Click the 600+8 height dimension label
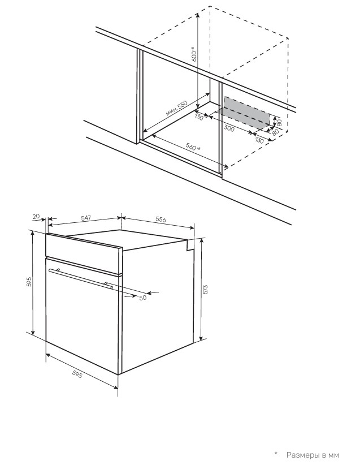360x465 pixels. pyautogui.click(x=194, y=54)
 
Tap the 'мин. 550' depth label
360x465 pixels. pyautogui.click(x=176, y=108)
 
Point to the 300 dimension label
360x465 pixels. pyautogui.click(x=229, y=128)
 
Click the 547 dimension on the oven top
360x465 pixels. pyautogui.click(x=86, y=218)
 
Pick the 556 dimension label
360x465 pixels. pyautogui.click(x=161, y=219)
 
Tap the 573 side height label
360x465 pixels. pyautogui.click(x=206, y=290)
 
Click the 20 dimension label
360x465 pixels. pyautogui.click(x=36, y=217)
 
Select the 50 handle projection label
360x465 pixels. pyautogui.click(x=143, y=298)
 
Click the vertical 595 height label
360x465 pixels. pyautogui.click(x=29, y=281)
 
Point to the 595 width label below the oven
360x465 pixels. pyautogui.click(x=77, y=374)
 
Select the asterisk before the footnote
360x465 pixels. pyautogui.click(x=276, y=454)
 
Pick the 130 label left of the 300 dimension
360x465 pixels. pyautogui.click(x=199, y=117)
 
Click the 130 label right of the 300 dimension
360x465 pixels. pyautogui.click(x=259, y=140)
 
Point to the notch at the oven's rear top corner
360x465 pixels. pyautogui.click(x=190, y=244)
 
